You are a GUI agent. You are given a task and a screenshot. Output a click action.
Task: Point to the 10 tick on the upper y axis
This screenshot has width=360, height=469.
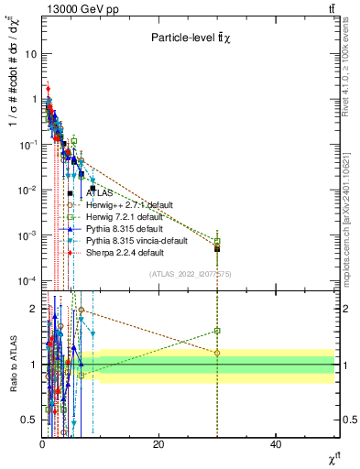(x=30, y=54)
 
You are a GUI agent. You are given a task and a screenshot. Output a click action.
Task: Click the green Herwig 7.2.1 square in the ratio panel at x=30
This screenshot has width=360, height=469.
(x=217, y=331)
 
